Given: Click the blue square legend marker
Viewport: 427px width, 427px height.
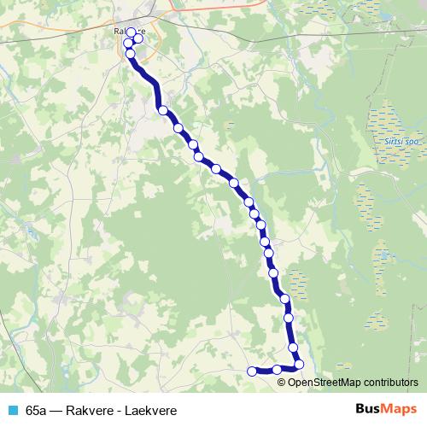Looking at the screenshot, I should (13, 411).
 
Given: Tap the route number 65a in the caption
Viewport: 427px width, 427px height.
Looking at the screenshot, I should (37, 411).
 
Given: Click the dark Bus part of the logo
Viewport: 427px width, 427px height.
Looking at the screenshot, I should (368, 410).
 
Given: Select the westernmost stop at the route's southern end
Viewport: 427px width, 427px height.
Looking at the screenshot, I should (251, 371).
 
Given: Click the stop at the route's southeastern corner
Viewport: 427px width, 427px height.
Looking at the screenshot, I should (299, 366).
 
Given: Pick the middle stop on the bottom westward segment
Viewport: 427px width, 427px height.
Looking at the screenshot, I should (277, 370).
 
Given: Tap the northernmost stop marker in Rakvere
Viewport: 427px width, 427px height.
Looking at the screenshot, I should (131, 32).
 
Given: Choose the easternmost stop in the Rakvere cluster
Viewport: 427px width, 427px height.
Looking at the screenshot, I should (137, 38).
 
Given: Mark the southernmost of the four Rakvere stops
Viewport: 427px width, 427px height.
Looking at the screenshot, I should (131, 54).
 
